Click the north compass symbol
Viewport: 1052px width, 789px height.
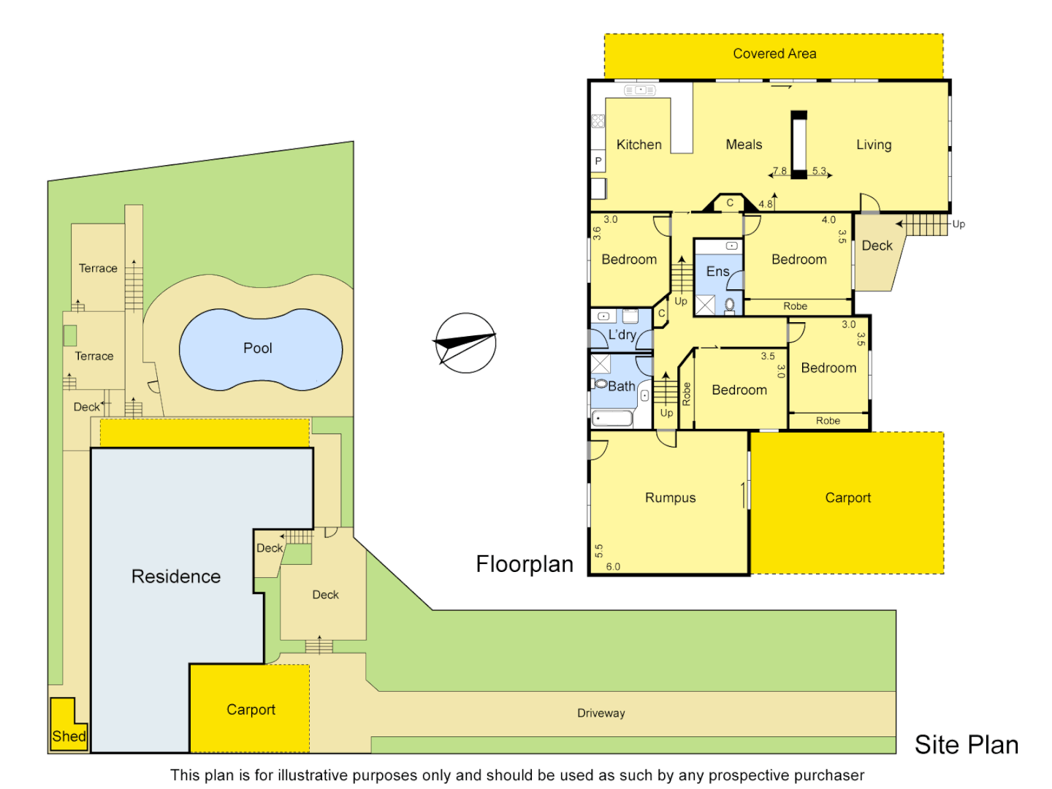[465, 343]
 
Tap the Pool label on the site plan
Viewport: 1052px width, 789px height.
[257, 348]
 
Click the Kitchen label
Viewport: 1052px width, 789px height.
[639, 145]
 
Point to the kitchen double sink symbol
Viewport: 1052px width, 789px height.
[640, 90]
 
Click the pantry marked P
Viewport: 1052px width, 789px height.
[598, 161]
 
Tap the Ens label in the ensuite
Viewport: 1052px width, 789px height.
[717, 272]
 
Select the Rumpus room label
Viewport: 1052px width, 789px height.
[670, 498]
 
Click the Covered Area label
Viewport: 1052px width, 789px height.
[774, 53]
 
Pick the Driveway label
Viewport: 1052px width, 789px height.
[601, 713]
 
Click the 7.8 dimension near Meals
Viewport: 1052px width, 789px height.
[780, 171]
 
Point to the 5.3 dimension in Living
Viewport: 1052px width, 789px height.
[819, 171]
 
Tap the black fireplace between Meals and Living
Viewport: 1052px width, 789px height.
[799, 145]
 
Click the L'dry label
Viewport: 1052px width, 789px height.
[622, 335]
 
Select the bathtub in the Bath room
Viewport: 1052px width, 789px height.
[612, 419]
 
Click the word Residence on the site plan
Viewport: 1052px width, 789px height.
[176, 576]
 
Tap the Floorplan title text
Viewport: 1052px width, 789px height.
[525, 564]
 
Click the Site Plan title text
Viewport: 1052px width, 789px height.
[966, 744]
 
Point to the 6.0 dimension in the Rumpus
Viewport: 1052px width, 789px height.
[613, 566]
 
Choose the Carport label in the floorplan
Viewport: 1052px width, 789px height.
[847, 498]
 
